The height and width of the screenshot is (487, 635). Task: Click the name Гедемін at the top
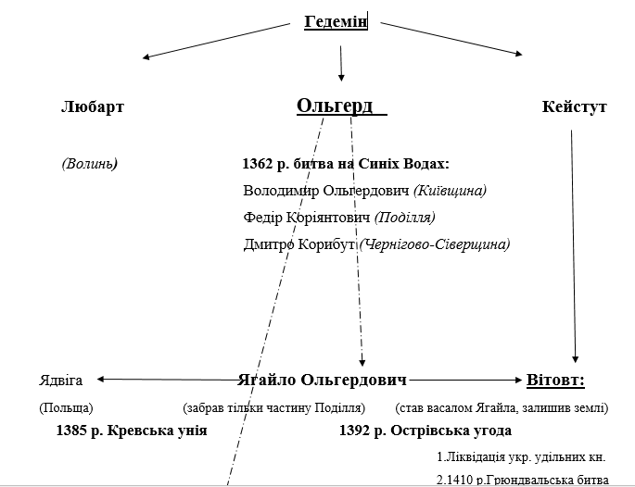(336, 21)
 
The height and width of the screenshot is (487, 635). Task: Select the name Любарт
(93, 106)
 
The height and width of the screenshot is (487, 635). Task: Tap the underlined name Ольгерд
(335, 106)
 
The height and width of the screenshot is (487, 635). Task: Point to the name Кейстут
(574, 106)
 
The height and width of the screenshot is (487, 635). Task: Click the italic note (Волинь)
(90, 163)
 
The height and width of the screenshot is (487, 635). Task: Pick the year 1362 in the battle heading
(257, 164)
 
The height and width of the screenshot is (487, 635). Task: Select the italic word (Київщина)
(450, 190)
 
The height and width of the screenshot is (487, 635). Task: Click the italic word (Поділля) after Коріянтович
(404, 218)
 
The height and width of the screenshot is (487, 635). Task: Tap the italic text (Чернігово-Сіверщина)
(435, 244)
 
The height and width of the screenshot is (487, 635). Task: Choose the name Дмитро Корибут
(298, 244)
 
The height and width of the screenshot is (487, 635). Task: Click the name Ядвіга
(61, 381)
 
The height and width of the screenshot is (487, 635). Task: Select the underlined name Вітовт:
(555, 380)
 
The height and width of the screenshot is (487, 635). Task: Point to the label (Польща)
(66, 407)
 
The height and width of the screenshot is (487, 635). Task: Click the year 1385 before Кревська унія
(71, 431)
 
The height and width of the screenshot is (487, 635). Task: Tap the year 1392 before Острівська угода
(354, 431)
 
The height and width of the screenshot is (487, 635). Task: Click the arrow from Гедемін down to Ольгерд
(341, 64)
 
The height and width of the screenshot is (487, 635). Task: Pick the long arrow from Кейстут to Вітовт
(574, 246)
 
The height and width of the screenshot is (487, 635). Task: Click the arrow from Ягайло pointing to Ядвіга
(168, 380)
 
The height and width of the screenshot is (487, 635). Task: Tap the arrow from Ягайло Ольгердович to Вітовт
(465, 380)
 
